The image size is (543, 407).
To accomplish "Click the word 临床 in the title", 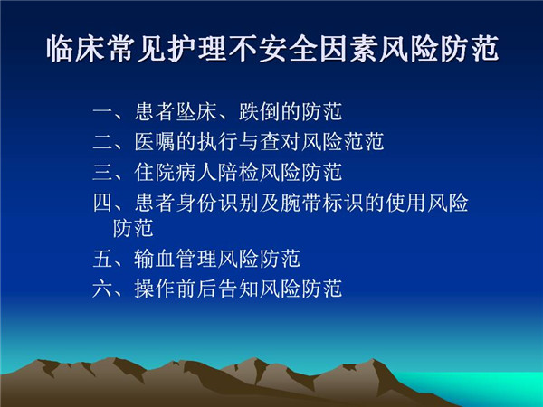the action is click(76, 49).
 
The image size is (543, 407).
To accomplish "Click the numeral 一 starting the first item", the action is click(103, 112).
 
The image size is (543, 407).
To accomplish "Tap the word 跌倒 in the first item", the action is click(259, 112).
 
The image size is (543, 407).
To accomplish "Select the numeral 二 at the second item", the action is click(103, 142).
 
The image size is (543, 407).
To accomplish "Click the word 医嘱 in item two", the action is click(155, 142).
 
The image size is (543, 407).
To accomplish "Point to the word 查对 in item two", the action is click(280, 142).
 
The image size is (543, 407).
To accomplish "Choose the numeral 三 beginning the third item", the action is click(103, 172).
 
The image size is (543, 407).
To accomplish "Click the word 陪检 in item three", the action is click(238, 172).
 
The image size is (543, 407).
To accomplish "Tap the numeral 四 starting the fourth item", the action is click(103, 203).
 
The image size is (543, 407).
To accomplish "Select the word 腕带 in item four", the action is click(300, 203).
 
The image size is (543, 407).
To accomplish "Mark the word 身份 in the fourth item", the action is click(196, 203).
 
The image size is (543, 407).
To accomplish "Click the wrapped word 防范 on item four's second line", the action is click(133, 228).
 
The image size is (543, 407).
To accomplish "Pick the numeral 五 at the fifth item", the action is click(103, 259).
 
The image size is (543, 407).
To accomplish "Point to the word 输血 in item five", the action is click(155, 259).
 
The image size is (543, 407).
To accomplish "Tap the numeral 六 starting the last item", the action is click(103, 289).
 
